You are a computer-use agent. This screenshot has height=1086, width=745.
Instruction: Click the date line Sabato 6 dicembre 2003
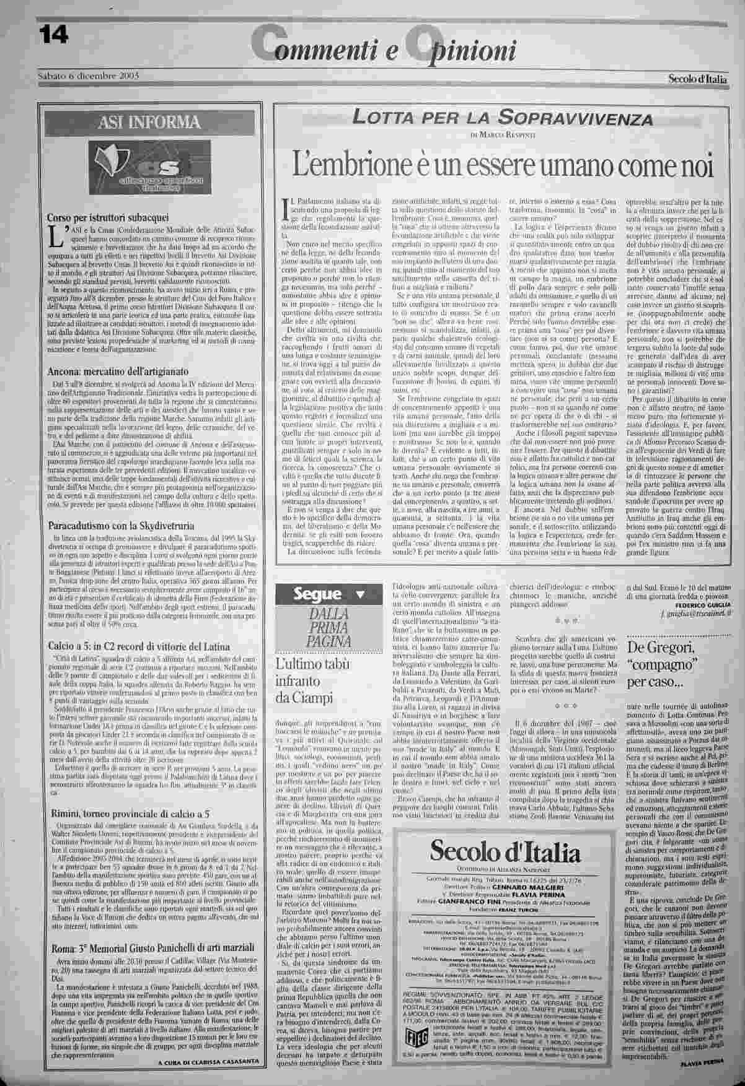[87, 76]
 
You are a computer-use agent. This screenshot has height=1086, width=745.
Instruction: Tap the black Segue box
[328, 596]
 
